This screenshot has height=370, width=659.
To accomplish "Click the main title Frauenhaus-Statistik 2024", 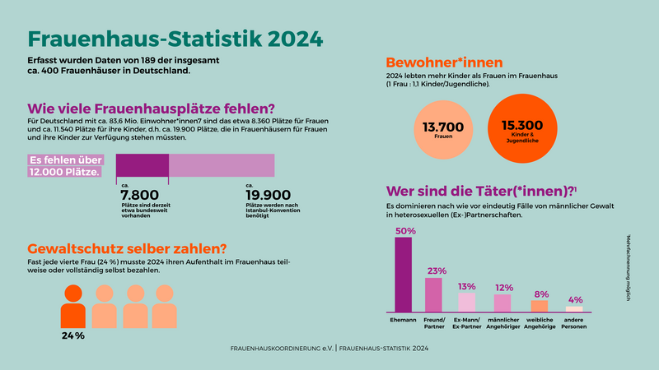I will point(175,40).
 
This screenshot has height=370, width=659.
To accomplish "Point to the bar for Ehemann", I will point(404,275).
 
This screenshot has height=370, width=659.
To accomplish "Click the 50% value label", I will point(404,231).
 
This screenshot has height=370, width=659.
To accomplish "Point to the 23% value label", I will point(437,271).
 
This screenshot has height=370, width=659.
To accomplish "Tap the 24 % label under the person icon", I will point(73,335).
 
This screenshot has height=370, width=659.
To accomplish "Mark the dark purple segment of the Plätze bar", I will point(143,165).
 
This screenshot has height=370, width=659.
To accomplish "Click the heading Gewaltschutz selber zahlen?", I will point(127,247).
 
